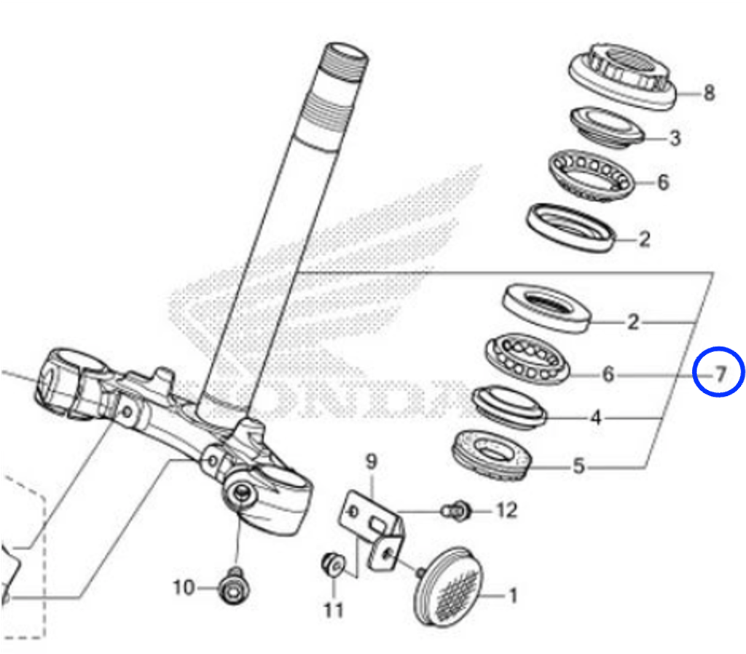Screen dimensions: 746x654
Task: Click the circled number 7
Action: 721,375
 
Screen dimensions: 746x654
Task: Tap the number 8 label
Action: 709,93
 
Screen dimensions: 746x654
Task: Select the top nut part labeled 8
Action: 622,76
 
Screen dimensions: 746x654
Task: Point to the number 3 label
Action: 675,138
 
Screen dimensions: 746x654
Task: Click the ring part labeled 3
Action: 608,127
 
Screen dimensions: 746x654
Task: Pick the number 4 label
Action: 595,418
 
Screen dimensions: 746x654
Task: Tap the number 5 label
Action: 578,466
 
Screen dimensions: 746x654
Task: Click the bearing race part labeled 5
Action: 492,454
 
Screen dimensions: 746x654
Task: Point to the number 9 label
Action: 371,462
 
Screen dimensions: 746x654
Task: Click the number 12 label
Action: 507,510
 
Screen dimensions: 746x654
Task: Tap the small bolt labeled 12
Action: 457,511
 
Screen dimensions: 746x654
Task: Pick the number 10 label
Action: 184,588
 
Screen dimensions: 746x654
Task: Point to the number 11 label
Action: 333,610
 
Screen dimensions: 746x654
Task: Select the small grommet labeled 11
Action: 333,565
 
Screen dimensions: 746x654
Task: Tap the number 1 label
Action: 512,596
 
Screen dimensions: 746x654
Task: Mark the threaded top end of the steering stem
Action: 344,61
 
